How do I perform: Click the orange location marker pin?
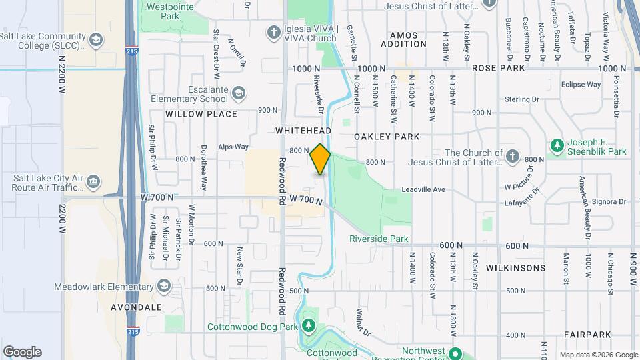tap(320, 159)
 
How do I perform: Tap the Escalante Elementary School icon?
tap(239, 92)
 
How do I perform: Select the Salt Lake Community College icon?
tap(97, 41)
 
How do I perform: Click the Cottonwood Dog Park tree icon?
tap(307, 325)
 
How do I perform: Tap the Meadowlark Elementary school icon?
tap(163, 287)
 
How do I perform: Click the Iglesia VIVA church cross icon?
tap(273, 32)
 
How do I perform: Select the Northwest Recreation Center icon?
tap(456, 353)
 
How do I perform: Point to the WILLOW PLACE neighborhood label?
tap(201, 114)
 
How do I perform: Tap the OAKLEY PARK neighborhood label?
tap(387, 137)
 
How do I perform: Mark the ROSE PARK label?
tap(499, 68)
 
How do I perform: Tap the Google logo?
tap(22, 351)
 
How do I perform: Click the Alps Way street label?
tap(233, 147)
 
